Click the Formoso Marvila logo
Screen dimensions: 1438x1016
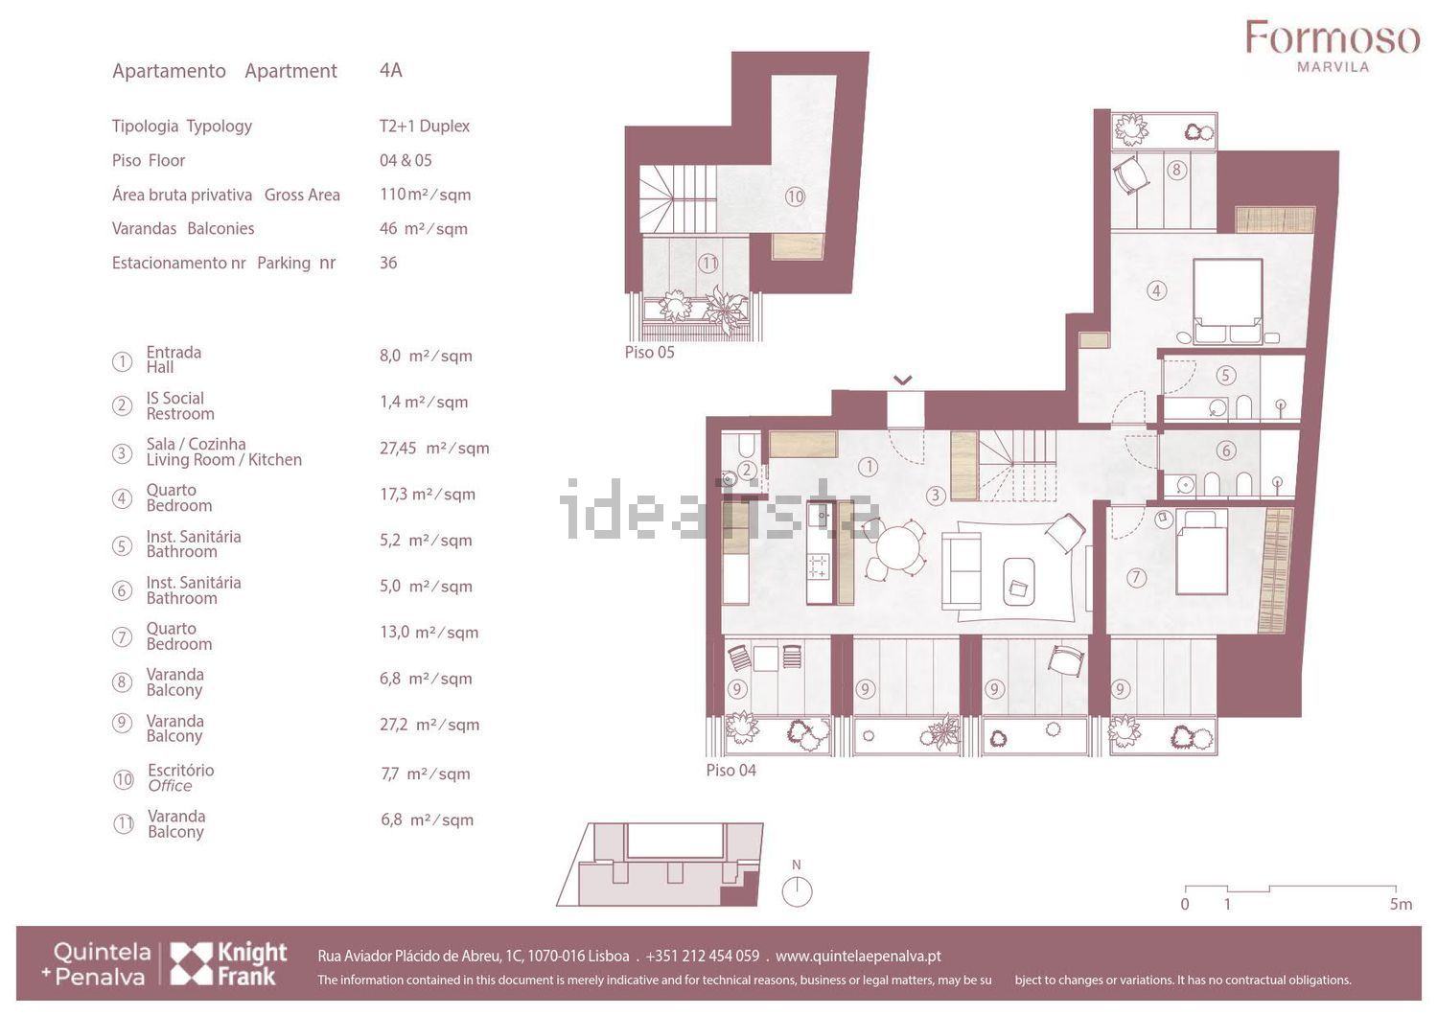(1333, 46)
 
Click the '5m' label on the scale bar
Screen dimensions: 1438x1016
(1401, 904)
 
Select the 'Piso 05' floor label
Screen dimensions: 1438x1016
(650, 353)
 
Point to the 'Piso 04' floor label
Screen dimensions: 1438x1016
(731, 771)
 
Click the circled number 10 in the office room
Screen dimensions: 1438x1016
(795, 196)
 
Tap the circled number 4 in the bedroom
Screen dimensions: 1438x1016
(1156, 290)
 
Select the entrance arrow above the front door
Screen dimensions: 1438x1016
(903, 381)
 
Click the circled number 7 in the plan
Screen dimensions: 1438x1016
(1136, 578)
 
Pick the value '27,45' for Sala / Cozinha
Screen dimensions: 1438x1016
(398, 448)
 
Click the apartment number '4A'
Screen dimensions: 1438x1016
(391, 70)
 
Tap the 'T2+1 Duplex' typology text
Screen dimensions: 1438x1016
(425, 126)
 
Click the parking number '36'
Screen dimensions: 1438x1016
(388, 263)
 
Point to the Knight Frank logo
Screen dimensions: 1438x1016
(228, 963)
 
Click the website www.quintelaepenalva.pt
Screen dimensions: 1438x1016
(858, 957)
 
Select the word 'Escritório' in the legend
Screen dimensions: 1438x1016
(181, 771)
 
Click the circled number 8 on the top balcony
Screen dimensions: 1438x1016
(1176, 170)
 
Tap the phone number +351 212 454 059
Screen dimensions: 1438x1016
(703, 957)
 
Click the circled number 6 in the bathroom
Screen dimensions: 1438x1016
(1225, 450)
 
